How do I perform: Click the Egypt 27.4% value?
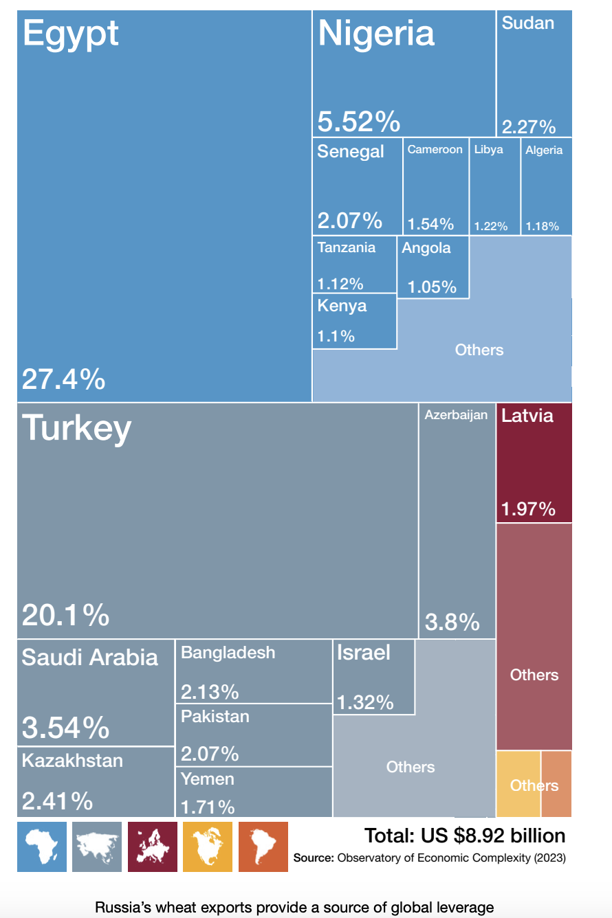64,379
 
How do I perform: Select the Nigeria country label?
376,33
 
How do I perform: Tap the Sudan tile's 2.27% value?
528,126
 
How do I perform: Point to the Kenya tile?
355,321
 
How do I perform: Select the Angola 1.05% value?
432,287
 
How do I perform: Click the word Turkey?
77,428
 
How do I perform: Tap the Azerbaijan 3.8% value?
452,622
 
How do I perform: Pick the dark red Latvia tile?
534,462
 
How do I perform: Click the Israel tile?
373,677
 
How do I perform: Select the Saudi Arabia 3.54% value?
65,726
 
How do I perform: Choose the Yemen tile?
254,792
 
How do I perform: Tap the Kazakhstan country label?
72,761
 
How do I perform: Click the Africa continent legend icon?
42,847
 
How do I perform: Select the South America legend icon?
263,847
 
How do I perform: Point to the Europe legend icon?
153,847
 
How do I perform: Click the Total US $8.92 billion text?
465,836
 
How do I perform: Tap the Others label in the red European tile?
534,675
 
